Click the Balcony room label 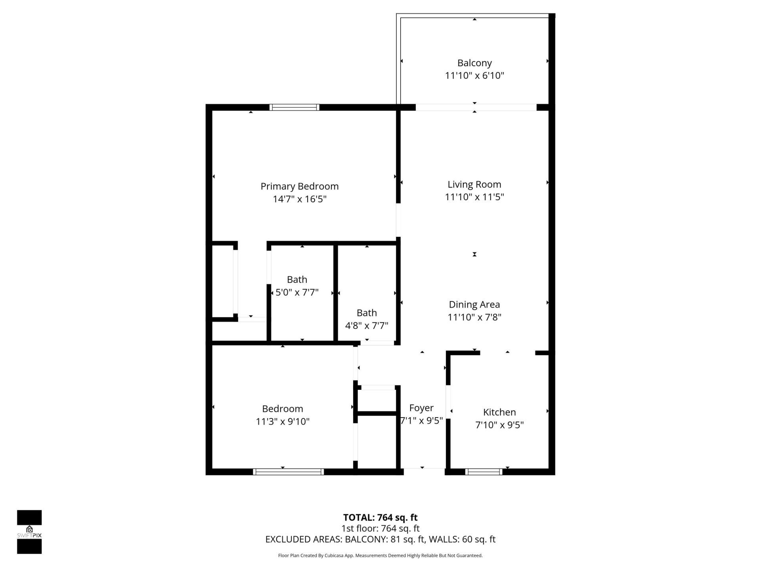474,63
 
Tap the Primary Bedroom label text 299,186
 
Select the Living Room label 474,184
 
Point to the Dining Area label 474,305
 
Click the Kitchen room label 499,412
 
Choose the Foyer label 421,408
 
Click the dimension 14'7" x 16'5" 299,199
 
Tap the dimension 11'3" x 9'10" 282,422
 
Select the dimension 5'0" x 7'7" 297,293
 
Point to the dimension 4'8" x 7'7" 367,326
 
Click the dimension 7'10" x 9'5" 499,425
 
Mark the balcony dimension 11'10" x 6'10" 474,76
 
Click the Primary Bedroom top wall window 294,107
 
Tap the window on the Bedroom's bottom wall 288,472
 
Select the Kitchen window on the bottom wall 484,472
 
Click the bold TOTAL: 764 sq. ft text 380,517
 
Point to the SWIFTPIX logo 29,532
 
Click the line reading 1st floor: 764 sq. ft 380,529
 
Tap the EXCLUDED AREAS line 380,539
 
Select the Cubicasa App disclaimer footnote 380,556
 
